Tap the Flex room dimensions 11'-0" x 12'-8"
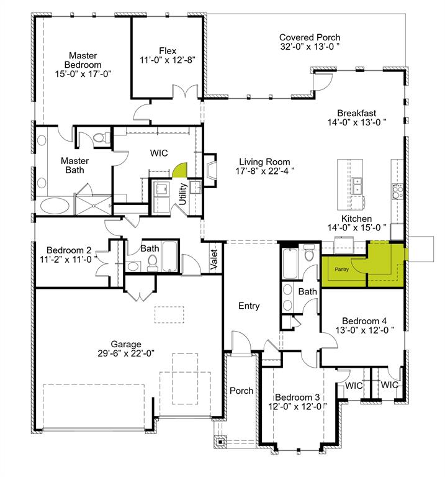[x=167, y=60]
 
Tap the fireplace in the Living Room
[x=211, y=170]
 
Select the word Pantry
[x=342, y=270]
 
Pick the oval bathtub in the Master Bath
[x=56, y=206]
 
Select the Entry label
[x=249, y=306]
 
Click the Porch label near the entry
[x=241, y=391]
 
